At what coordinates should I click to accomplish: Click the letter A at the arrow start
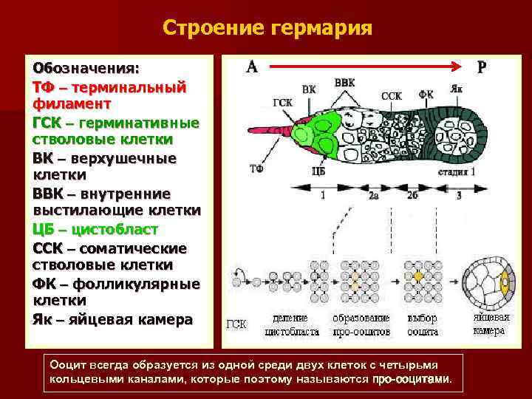point(252,66)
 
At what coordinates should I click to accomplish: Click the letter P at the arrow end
point(482,66)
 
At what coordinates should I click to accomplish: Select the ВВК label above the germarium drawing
point(344,83)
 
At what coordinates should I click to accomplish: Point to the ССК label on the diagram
point(391,95)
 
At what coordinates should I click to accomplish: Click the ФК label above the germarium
point(426,95)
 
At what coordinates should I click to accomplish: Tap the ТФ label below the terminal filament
point(256,168)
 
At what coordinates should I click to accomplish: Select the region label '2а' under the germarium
point(374,196)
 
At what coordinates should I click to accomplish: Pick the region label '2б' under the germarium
point(412,196)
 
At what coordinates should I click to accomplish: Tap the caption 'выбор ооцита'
point(422,325)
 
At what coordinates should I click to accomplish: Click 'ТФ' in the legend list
point(42,87)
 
